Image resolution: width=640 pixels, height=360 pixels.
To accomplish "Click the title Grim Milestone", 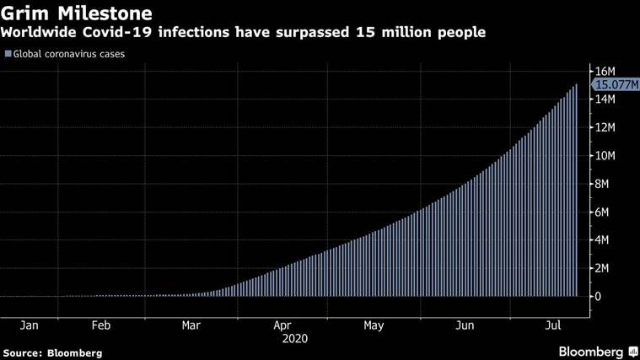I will point(77,13).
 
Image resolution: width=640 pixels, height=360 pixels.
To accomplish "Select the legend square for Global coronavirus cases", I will point(8,54).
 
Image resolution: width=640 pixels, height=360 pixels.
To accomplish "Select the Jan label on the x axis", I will point(29,325).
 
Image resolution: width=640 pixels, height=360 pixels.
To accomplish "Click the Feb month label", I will point(100,325).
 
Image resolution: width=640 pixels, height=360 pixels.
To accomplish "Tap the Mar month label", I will point(191,325).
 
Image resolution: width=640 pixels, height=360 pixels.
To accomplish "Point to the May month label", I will point(374,325).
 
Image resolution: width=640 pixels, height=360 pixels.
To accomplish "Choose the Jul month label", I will point(552,325).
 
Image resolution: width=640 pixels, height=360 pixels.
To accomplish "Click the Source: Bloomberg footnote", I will point(52,352).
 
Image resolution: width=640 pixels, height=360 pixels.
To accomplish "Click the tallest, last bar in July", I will point(577,191).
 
